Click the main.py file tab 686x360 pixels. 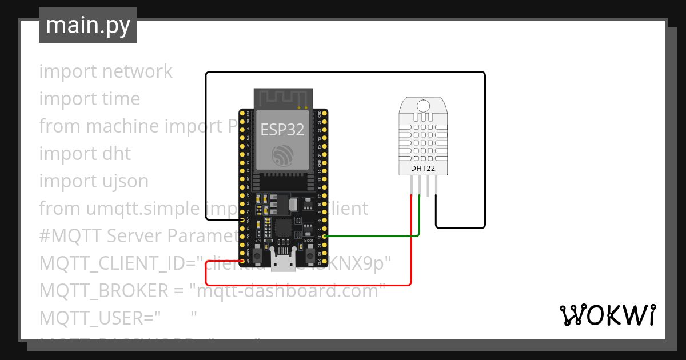click(87, 25)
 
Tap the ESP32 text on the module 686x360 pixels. click(282, 130)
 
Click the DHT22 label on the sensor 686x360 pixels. click(422, 169)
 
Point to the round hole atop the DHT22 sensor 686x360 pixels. click(423, 106)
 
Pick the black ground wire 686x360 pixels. click(343, 73)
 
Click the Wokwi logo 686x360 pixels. click(607, 315)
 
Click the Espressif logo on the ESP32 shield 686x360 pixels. click(283, 155)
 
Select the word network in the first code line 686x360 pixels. click(137, 71)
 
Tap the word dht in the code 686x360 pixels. click(116, 153)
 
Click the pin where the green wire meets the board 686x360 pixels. click(325, 236)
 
